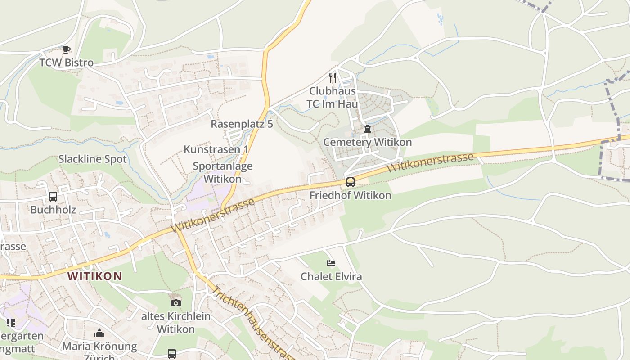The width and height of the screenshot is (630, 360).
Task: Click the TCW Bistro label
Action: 67,63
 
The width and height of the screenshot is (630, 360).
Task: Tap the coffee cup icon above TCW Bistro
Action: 67,49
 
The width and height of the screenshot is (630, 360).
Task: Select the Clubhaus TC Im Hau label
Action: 333,98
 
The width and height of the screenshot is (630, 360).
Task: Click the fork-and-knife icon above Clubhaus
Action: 333,78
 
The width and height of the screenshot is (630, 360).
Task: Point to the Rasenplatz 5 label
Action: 242,124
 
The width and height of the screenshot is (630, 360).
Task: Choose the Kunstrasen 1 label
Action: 216,149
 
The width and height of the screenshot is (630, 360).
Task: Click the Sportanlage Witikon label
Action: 223,172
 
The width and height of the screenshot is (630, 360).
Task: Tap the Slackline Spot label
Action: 93,159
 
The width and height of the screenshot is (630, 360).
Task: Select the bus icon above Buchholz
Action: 53,197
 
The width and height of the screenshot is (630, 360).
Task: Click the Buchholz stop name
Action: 53,210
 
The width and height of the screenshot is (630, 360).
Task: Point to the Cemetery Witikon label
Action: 368,142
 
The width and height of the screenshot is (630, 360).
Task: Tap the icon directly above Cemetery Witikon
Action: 368,129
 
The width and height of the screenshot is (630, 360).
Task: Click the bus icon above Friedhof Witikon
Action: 351,182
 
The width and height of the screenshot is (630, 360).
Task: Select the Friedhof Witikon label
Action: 351,196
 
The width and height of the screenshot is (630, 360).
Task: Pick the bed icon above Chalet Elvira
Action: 331,263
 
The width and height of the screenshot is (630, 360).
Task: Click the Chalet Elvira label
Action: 331,276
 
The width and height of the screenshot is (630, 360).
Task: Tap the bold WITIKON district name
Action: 95,276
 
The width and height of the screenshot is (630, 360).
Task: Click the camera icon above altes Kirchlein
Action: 176,303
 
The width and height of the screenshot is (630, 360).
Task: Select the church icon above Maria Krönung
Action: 99,333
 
